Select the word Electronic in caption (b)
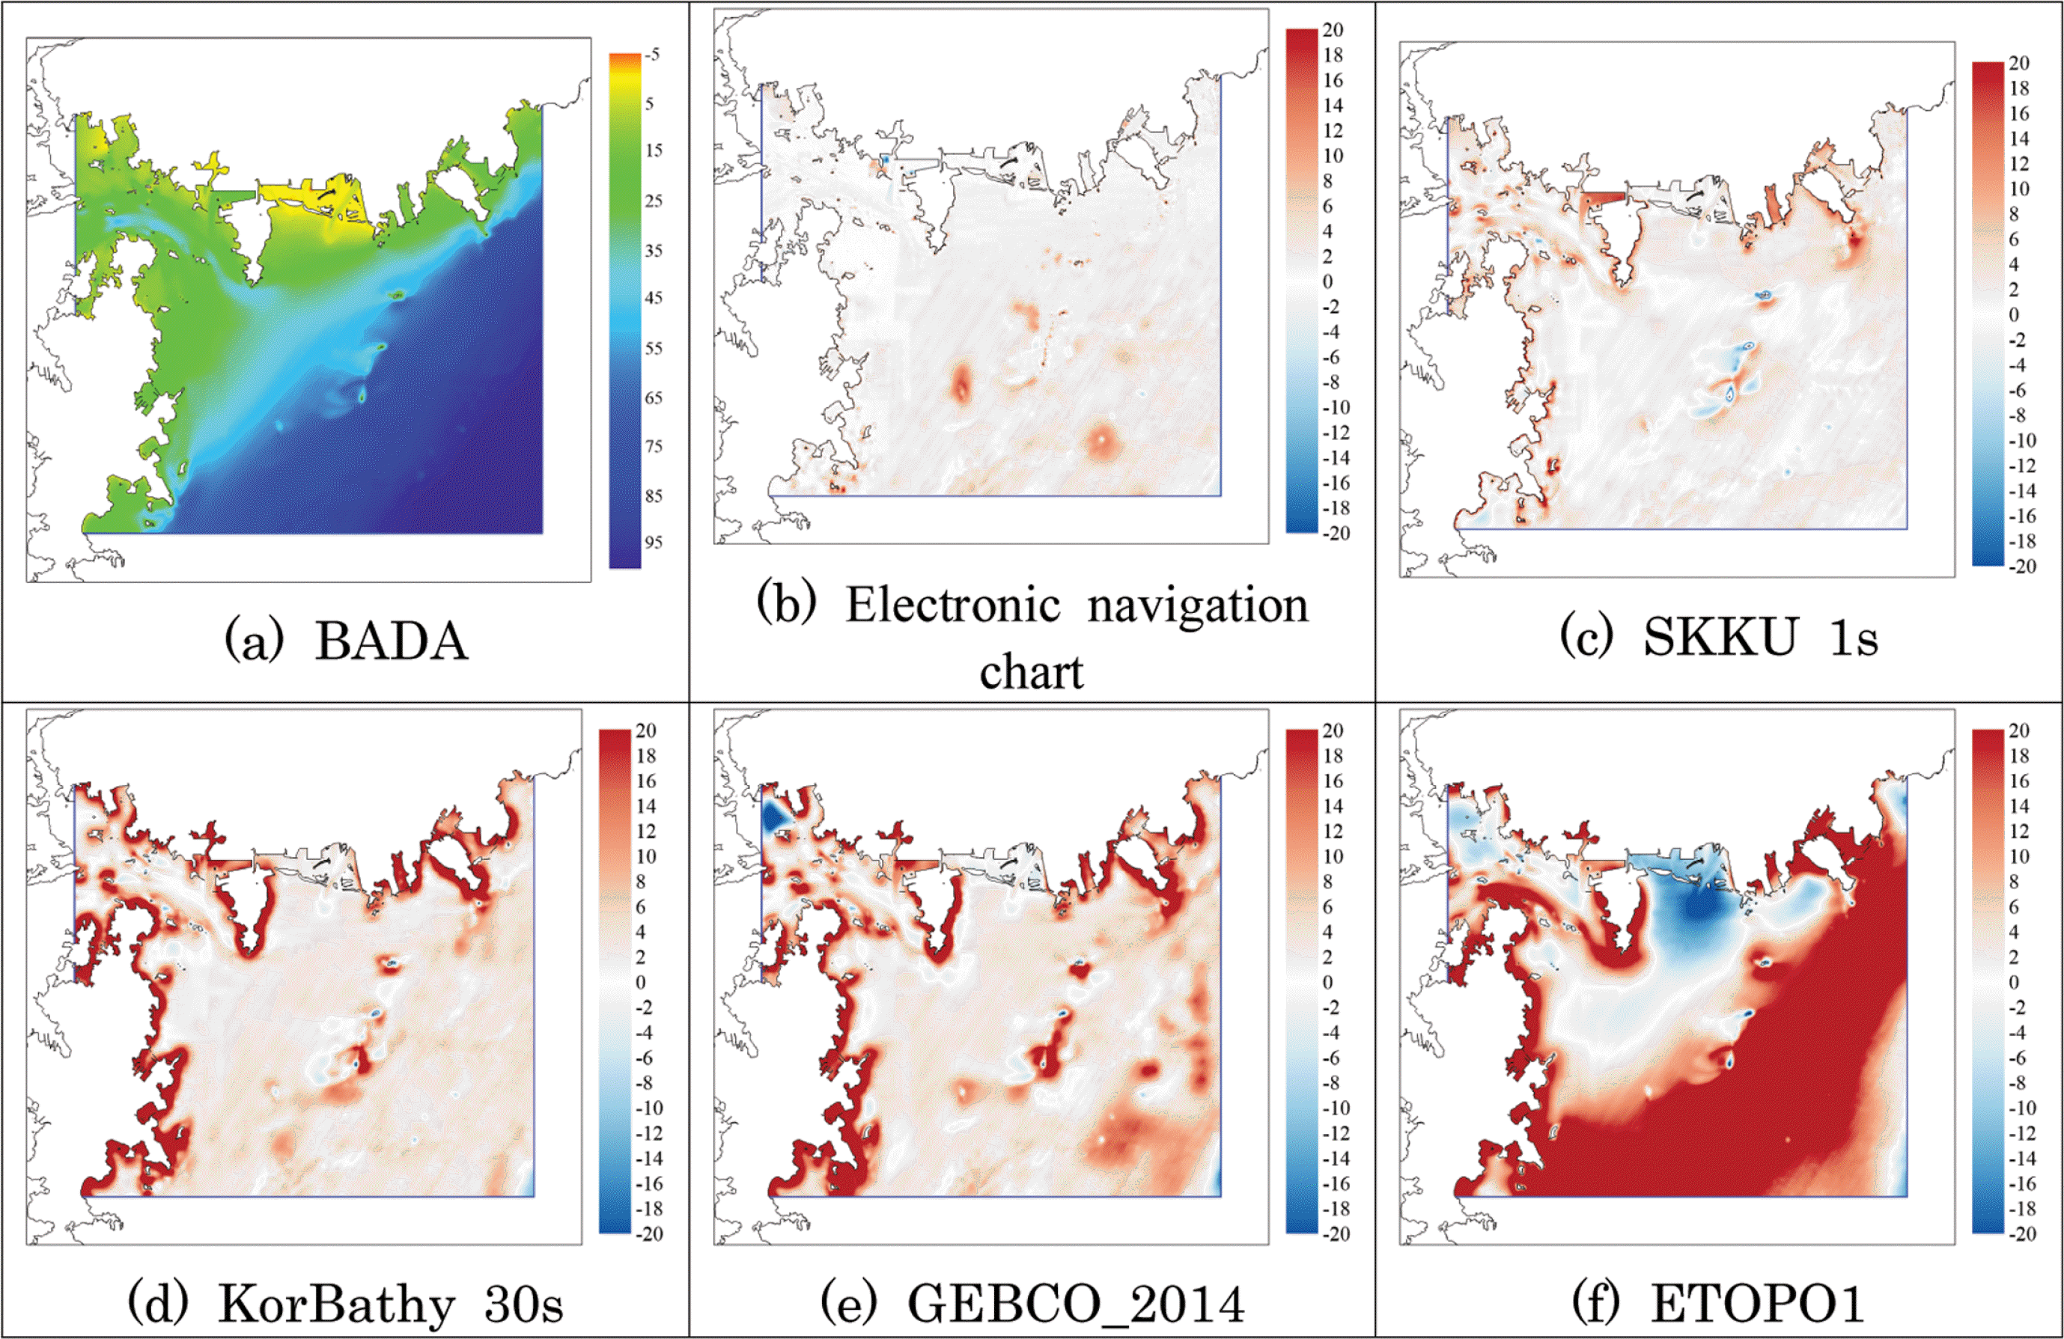click(x=952, y=606)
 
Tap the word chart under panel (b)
click(x=1031, y=672)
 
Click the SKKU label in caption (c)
click(x=1720, y=638)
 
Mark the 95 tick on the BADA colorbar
click(x=653, y=543)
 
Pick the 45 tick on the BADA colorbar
click(x=653, y=297)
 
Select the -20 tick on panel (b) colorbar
click(x=1336, y=534)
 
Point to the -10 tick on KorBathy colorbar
click(x=648, y=1108)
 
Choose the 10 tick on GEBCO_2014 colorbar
click(x=1332, y=856)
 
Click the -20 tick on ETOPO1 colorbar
click(x=2022, y=1234)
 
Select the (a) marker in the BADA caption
click(x=254, y=643)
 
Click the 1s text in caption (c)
click(x=1854, y=638)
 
